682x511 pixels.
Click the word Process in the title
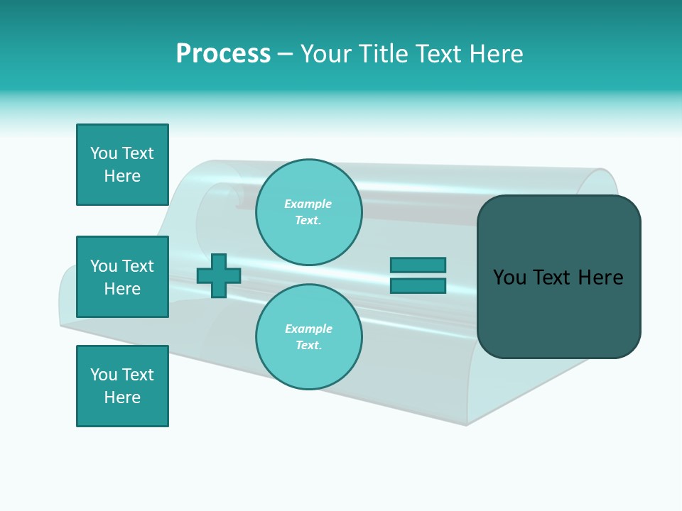(223, 54)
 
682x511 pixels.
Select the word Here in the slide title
(495, 54)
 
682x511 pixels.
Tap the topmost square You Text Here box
(122, 165)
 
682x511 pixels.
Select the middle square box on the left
(122, 277)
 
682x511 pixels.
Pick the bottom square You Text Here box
(122, 386)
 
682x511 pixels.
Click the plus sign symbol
(219, 275)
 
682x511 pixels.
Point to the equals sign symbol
(418, 275)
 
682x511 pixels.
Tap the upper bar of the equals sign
(418, 265)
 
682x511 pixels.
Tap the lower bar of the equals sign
(418, 286)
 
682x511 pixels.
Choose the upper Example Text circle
(308, 212)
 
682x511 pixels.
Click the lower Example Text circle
(308, 336)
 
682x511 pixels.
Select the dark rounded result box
(558, 277)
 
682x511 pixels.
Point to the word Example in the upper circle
(308, 204)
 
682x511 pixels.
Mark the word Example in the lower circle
(308, 329)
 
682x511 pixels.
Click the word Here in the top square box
(122, 176)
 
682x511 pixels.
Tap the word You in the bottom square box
(103, 375)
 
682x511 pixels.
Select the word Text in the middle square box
(138, 266)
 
